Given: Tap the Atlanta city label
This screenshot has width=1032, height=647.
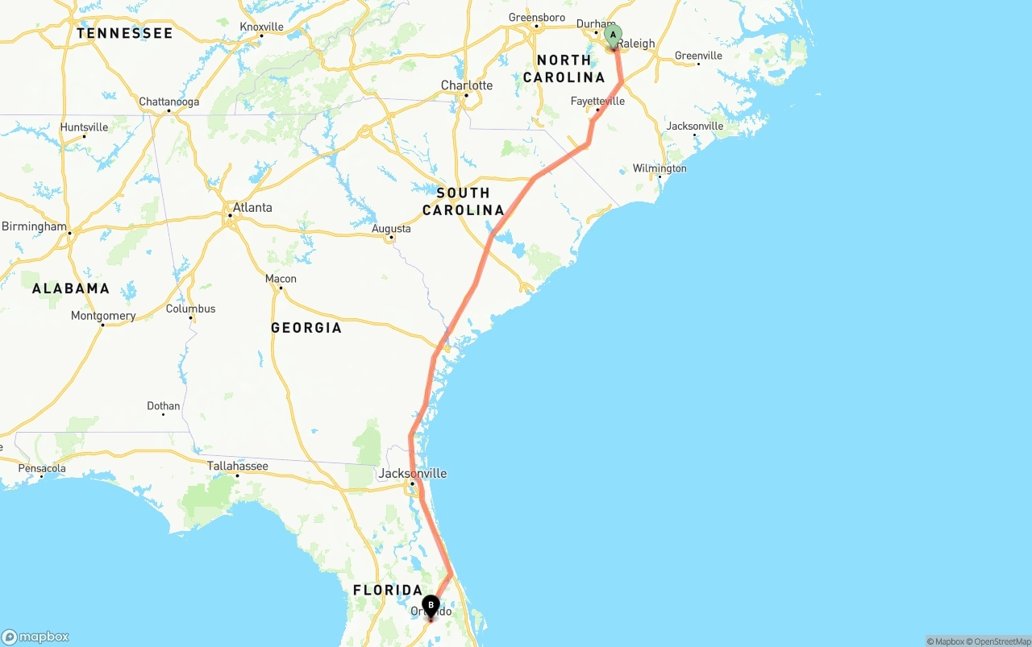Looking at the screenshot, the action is [x=252, y=208].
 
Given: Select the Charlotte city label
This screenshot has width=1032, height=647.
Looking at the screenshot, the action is [x=466, y=85].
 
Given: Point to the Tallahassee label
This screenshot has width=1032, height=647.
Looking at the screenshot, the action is [x=237, y=466].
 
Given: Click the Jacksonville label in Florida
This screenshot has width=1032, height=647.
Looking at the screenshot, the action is [x=412, y=474].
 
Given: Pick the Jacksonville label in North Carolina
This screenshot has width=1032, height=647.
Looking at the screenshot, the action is [x=694, y=126].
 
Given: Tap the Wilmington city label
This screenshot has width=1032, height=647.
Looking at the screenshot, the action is [x=660, y=168].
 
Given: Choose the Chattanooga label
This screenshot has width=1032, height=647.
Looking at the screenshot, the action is [x=169, y=102].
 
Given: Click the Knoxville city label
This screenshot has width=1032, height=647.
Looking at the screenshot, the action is [x=261, y=27].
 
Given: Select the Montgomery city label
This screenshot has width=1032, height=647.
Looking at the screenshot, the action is [x=103, y=316].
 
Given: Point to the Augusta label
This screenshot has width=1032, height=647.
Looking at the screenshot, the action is [x=391, y=229].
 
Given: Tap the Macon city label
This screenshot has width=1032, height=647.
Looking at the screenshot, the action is [x=281, y=279].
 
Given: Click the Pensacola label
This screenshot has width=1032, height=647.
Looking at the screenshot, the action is [x=42, y=468].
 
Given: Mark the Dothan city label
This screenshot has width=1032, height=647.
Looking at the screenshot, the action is [x=164, y=406].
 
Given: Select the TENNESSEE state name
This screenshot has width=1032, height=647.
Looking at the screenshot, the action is [x=125, y=33].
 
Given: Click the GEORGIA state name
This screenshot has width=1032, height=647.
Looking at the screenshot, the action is [x=306, y=328].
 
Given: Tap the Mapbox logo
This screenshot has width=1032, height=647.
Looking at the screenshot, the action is [x=35, y=637].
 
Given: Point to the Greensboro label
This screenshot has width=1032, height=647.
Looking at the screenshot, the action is [x=537, y=18].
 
